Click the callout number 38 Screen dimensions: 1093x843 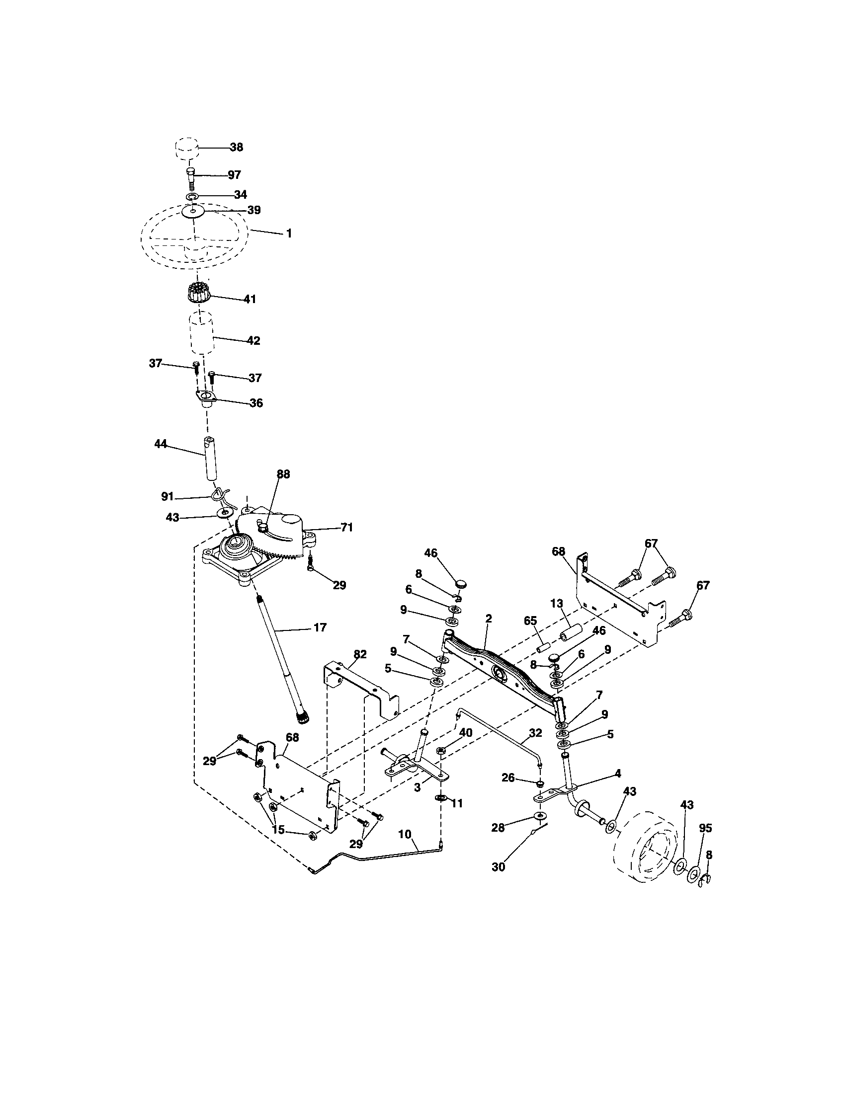236,147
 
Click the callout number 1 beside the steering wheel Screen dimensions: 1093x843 288,233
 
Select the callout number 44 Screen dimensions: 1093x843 160,444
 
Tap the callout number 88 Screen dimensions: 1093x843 283,474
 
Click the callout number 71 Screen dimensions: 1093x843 346,527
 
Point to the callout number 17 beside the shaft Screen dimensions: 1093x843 320,627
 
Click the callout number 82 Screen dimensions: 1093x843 360,654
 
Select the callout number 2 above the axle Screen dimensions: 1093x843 489,619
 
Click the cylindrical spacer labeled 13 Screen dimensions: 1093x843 571,631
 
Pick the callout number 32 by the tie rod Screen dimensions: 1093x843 535,733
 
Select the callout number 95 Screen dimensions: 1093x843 705,828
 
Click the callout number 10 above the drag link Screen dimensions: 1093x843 405,834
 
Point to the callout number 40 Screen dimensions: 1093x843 466,733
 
